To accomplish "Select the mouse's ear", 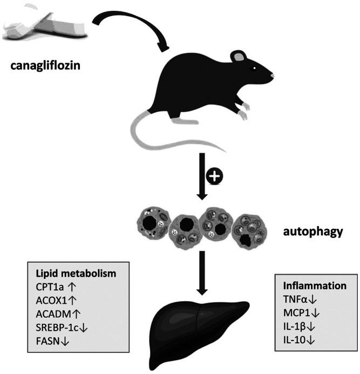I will (238, 56).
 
